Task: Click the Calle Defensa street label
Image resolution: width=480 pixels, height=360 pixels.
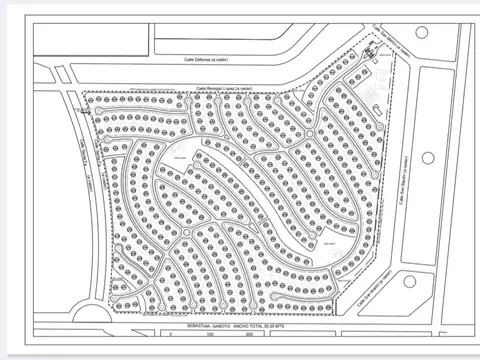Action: pyautogui.click(x=206, y=60)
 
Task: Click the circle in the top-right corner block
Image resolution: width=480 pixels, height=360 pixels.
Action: pyautogui.click(x=421, y=32)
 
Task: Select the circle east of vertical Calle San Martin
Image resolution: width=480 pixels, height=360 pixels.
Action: pyautogui.click(x=429, y=158)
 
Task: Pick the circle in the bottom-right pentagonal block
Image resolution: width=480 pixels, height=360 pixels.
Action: pyautogui.click(x=410, y=281)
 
